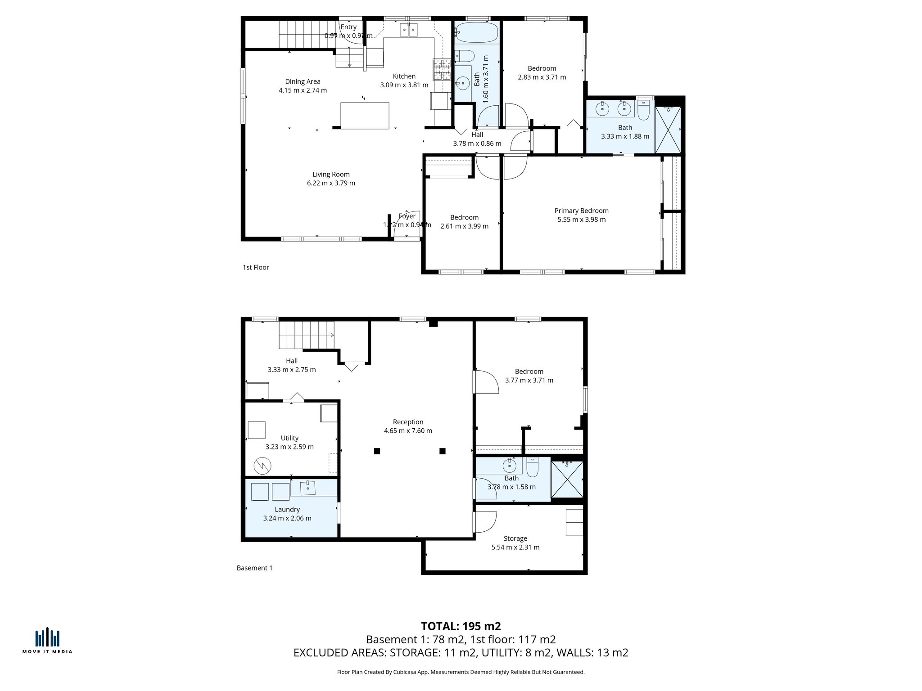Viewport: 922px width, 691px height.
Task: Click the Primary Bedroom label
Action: click(x=581, y=211)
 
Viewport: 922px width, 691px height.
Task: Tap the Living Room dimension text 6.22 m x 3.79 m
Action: click(x=331, y=183)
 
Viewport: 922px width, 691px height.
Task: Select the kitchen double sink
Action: click(x=409, y=30)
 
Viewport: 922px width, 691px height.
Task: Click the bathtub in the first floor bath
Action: click(x=476, y=32)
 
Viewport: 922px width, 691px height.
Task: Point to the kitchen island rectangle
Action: click(x=365, y=116)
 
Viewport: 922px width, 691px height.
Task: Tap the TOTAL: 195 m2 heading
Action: click(x=461, y=626)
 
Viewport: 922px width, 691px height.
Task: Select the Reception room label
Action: click(x=408, y=422)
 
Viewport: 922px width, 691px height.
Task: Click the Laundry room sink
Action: click(x=308, y=487)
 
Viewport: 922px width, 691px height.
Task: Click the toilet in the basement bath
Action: click(x=532, y=468)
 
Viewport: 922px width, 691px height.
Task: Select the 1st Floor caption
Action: click(x=256, y=267)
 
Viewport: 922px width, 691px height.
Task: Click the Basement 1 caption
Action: click(x=254, y=568)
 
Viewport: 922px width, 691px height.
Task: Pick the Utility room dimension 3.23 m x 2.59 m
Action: click(x=289, y=447)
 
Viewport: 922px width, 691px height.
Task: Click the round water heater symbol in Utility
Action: click(x=262, y=466)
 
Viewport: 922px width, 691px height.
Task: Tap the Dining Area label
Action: click(x=303, y=81)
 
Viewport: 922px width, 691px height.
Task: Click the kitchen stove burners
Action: click(x=442, y=69)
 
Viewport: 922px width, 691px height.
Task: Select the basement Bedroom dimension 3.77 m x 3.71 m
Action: click(x=529, y=380)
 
